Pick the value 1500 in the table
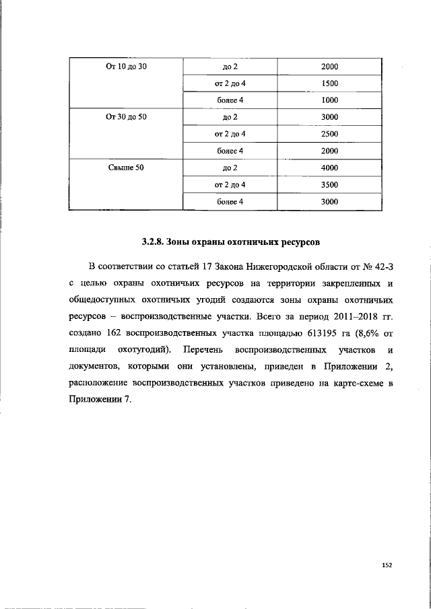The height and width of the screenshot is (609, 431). [x=329, y=83]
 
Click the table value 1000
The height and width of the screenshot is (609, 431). [x=329, y=100]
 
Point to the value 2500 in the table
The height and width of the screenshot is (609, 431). [x=329, y=134]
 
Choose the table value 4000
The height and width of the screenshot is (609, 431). [x=329, y=168]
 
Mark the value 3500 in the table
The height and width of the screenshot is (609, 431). [x=329, y=184]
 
